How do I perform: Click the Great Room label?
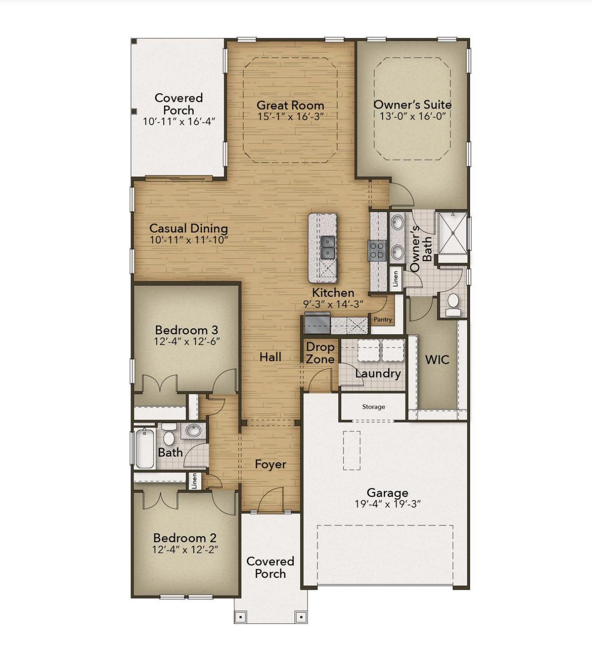click(290, 105)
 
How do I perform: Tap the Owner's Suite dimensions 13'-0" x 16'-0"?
click(413, 116)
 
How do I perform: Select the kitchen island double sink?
click(328, 248)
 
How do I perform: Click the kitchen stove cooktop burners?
click(377, 250)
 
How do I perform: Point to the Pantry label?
click(383, 320)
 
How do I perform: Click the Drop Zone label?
click(320, 353)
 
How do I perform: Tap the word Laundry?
click(378, 374)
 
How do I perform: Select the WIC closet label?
click(437, 360)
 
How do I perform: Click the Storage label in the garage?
click(374, 407)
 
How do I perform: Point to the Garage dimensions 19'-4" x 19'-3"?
click(387, 504)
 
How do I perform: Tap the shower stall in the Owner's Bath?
click(453, 233)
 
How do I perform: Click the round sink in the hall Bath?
click(194, 431)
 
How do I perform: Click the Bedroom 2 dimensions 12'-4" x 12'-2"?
click(185, 549)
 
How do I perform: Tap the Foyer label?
click(270, 465)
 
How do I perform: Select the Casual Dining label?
click(188, 228)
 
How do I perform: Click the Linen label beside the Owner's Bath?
click(395, 278)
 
